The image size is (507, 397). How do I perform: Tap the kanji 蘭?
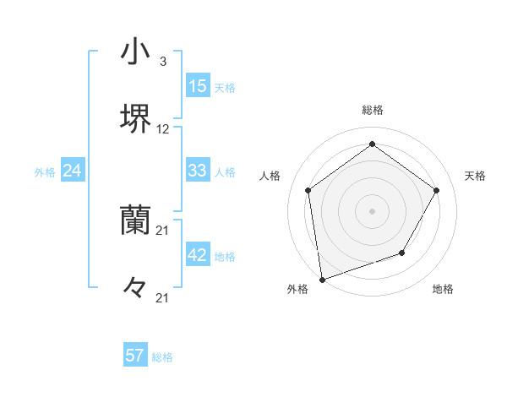(x=135, y=220)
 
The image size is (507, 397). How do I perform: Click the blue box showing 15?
(x=197, y=86)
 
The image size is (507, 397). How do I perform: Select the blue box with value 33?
(x=197, y=171)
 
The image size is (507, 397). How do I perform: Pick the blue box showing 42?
(x=197, y=256)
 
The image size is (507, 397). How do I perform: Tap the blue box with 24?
(x=73, y=171)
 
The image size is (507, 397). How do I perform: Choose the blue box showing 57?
(x=135, y=356)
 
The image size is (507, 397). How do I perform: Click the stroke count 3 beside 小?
(x=162, y=62)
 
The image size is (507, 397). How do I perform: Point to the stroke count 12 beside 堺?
(x=163, y=129)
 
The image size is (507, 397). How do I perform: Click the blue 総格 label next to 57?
(x=162, y=357)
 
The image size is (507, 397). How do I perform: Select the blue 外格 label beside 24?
(x=45, y=172)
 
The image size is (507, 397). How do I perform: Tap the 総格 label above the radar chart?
(x=372, y=110)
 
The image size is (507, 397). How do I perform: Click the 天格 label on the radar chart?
(x=476, y=176)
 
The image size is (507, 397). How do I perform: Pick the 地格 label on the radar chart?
(x=443, y=289)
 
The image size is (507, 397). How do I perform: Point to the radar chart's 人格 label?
(x=270, y=176)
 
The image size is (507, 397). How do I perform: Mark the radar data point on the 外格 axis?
(x=322, y=279)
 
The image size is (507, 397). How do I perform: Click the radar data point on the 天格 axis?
(x=437, y=190)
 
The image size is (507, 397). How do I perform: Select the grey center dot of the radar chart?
(x=372, y=210)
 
